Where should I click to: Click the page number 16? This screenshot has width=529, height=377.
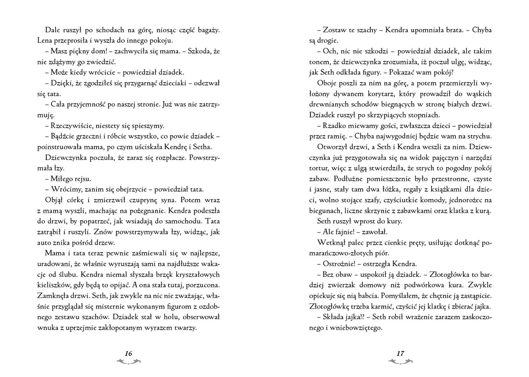tap(128, 353)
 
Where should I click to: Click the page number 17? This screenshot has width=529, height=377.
tap(400, 353)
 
